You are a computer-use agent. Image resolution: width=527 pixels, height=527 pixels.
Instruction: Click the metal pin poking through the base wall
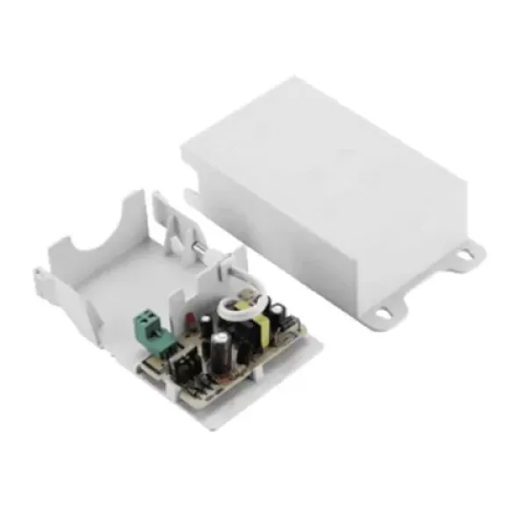pos(199,254)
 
